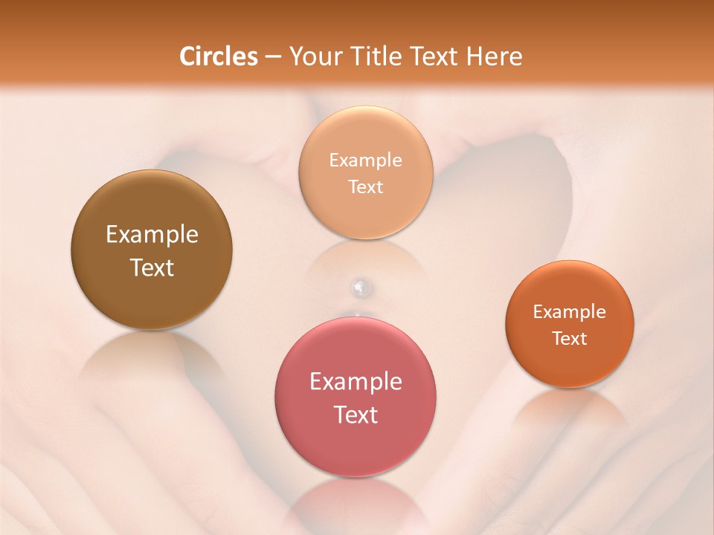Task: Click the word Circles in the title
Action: click(218, 56)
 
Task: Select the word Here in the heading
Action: click(496, 56)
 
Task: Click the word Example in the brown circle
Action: click(152, 235)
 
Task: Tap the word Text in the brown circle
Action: click(152, 267)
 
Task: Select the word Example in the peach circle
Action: click(365, 160)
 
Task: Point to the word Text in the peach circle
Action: click(365, 187)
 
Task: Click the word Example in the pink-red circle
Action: click(356, 382)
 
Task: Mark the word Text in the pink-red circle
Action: click(356, 415)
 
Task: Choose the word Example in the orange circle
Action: click(569, 312)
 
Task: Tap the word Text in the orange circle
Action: click(569, 339)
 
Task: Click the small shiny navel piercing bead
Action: click(359, 286)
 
